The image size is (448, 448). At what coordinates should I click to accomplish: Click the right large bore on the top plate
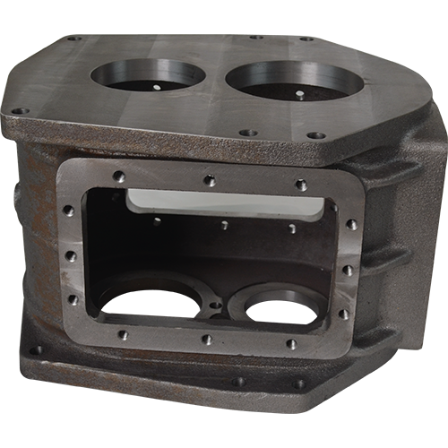[294, 79]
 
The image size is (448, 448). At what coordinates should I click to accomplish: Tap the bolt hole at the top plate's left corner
[19, 111]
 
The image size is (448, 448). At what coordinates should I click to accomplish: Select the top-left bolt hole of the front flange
[119, 177]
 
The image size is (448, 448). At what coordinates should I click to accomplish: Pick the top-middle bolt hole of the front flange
[210, 181]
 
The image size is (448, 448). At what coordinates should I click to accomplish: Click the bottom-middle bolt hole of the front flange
[207, 340]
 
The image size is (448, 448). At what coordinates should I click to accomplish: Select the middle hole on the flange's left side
[70, 256]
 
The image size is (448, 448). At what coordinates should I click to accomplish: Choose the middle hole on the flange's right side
[347, 270]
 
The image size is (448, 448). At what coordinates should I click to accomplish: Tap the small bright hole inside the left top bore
[154, 89]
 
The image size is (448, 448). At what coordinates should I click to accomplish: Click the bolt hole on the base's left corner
[36, 350]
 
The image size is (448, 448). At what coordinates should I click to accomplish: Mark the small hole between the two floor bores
[215, 306]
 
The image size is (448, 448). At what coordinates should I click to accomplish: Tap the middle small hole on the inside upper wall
[224, 225]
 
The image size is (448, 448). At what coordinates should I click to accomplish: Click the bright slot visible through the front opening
[224, 202]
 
